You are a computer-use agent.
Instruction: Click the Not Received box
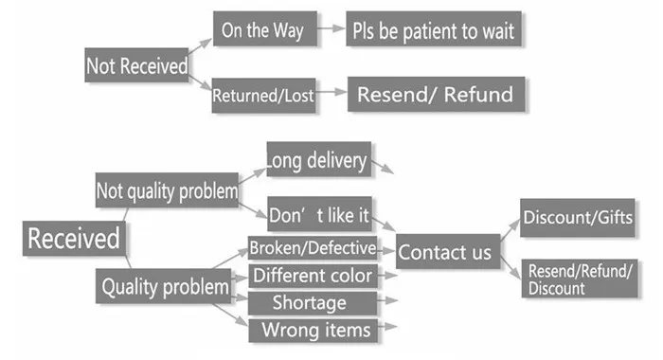[x=136, y=65]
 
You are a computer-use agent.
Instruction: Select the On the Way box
[x=265, y=28]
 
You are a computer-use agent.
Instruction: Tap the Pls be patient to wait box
[x=434, y=28]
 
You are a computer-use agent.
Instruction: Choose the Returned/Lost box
[x=264, y=95]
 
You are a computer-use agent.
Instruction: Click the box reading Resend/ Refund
[x=437, y=95]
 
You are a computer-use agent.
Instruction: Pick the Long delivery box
[x=319, y=159]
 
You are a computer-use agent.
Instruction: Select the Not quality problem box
[x=167, y=189]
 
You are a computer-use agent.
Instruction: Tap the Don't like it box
[x=320, y=214]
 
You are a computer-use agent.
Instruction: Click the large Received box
[x=74, y=238]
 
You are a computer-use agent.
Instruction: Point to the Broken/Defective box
[x=313, y=248]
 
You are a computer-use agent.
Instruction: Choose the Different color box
[x=313, y=276]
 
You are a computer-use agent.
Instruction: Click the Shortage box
[x=313, y=303]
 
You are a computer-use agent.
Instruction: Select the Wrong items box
[x=314, y=331]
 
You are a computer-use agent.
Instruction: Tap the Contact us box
[x=448, y=251]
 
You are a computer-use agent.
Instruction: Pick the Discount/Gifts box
[x=578, y=218]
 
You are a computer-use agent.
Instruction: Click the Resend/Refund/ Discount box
[x=580, y=279]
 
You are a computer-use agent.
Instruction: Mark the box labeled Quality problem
[x=163, y=286]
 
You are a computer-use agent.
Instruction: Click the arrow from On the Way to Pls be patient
[x=331, y=28]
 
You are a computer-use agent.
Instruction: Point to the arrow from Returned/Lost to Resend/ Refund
[x=331, y=92]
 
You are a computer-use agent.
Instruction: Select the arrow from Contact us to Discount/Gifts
[x=511, y=230]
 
